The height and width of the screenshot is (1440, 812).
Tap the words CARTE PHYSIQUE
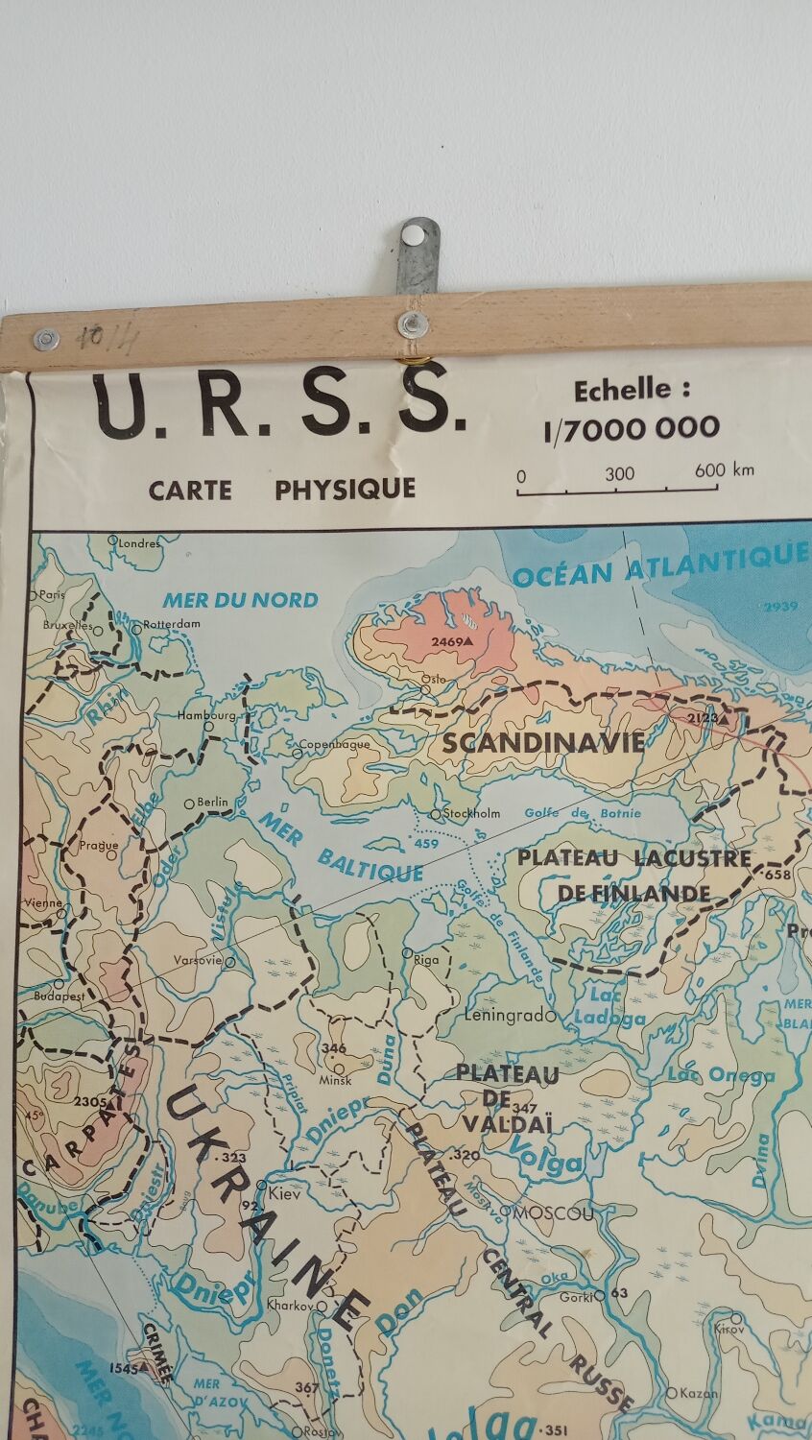point(281,489)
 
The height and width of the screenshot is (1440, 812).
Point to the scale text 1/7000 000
point(632,427)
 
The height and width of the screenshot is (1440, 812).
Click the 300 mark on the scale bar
point(619,473)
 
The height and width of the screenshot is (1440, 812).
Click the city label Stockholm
point(471,813)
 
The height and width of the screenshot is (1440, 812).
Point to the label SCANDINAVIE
point(542,742)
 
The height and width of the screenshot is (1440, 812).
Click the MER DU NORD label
point(240,600)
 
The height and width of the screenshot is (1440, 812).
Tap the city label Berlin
point(213,802)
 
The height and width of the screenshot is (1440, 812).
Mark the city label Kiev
point(284,1194)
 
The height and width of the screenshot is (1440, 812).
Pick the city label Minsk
point(336,1080)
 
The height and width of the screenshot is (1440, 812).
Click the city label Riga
point(425,958)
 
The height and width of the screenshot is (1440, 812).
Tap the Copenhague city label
point(334,744)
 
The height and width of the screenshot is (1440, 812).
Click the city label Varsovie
point(198,960)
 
